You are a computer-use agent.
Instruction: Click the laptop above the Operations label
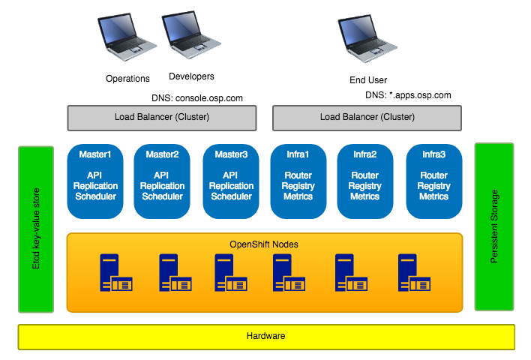coord(127,37)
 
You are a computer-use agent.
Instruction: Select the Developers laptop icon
coord(191,34)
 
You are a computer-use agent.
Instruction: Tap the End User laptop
coord(367,38)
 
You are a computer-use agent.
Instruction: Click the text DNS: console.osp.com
coord(197,98)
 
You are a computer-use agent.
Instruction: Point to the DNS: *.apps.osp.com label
coord(408,95)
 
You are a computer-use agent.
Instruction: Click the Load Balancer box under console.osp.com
coord(162,118)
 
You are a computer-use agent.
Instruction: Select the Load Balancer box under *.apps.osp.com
coord(367,118)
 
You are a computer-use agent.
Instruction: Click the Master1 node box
coord(95,181)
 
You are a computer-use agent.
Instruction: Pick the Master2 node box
coord(162,181)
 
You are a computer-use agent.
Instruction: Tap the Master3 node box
coord(231,181)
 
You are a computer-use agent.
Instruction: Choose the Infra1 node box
coord(298,181)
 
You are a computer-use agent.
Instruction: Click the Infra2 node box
coord(365,181)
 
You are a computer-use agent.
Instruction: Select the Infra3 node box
coord(434,181)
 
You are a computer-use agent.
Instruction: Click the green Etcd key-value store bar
coord(36,229)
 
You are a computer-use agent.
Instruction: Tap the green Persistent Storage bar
coord(494,226)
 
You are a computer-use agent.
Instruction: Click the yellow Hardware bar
coord(266,337)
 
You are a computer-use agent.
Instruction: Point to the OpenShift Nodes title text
coord(264,244)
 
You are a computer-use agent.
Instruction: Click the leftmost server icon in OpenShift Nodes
coord(115,272)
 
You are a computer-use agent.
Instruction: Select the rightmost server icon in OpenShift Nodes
coord(414,272)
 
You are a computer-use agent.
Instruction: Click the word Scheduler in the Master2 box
coord(162,196)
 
